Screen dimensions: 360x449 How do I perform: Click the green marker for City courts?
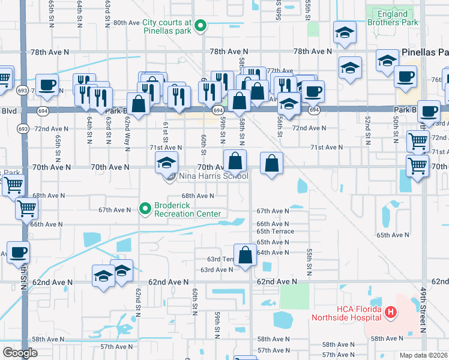tap(202, 26)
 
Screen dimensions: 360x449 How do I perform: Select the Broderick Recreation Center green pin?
tap(145, 209)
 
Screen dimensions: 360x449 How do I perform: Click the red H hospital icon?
tap(390, 311)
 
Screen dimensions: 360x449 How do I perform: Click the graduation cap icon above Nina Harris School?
tap(166, 162)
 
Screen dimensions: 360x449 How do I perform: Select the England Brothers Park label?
tap(397, 19)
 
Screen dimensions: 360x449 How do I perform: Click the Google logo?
tap(20, 352)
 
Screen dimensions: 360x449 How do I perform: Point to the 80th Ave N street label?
tap(126, 22)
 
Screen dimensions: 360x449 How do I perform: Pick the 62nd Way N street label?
tap(127, 127)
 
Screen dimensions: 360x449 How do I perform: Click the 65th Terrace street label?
tap(275, 231)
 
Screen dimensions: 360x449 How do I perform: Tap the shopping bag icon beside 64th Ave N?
tap(245, 255)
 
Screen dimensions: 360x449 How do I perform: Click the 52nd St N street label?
tap(367, 128)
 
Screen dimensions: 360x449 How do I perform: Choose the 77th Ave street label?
tap(280, 71)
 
